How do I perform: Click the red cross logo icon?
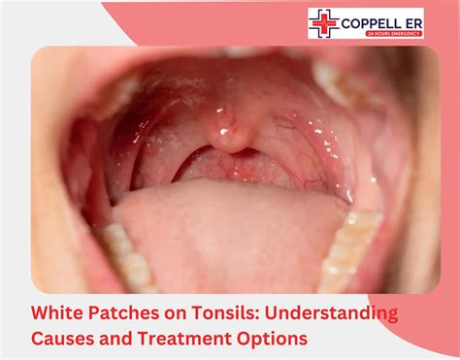pyautogui.click(x=324, y=23)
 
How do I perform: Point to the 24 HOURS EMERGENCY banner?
pyautogui.click(x=394, y=33)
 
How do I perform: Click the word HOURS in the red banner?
pyautogui.click(x=386, y=33)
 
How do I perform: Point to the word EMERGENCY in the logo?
pyautogui.click(x=410, y=33)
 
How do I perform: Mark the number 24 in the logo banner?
pyautogui.click(x=371, y=33)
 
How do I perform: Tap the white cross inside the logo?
pyautogui.click(x=324, y=23)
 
